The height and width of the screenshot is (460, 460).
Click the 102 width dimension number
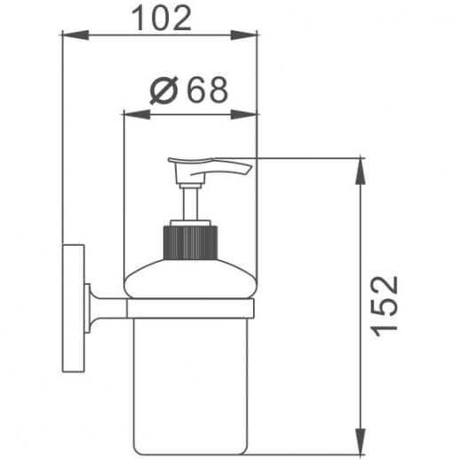tap(162, 19)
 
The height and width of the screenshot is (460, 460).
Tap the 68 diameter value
tap(209, 90)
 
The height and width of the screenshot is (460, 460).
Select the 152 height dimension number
tap(385, 306)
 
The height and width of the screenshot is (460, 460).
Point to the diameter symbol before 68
tap(163, 90)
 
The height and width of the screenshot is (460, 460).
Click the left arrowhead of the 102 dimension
tap(75, 35)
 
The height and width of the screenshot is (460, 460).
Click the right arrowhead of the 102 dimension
tap(243, 35)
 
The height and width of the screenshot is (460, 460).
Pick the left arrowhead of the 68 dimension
tap(137, 115)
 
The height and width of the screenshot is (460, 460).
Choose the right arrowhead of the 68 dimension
tap(243, 115)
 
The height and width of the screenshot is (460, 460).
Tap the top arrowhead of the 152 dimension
tap(361, 171)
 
